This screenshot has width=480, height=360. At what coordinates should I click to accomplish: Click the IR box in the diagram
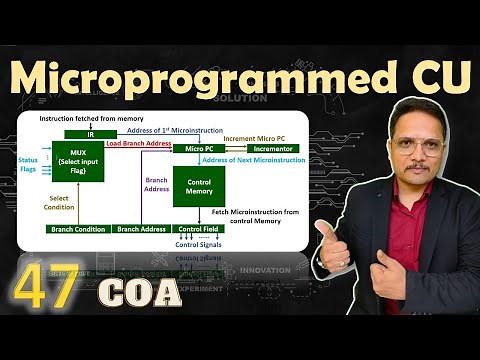coord(91,134)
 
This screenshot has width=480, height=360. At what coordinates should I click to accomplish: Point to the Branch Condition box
coord(79,229)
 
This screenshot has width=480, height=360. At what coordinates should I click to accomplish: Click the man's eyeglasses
coord(413,143)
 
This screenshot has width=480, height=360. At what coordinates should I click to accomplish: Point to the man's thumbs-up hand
coord(334,241)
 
